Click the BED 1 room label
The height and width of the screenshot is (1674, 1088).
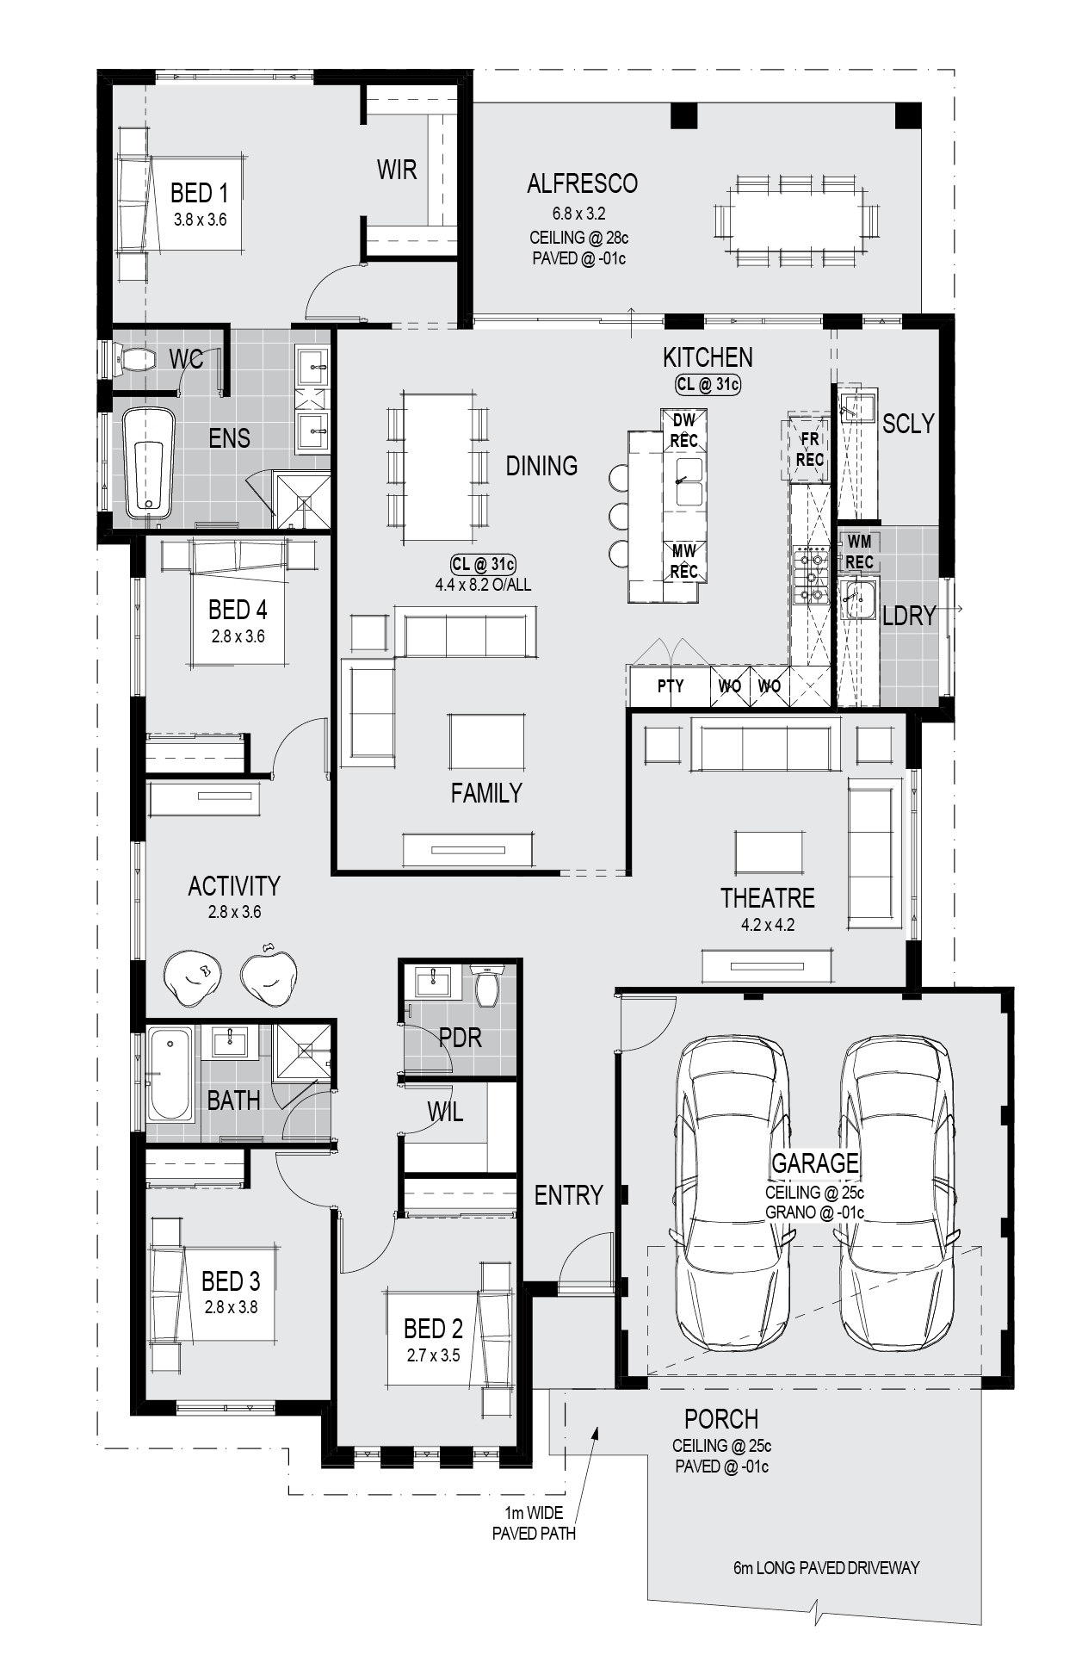(x=200, y=193)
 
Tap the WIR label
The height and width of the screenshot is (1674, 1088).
(x=397, y=170)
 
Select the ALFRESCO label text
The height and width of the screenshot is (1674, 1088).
(x=582, y=183)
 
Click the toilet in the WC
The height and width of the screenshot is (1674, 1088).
(x=133, y=359)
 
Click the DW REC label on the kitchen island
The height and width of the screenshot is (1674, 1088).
(x=684, y=430)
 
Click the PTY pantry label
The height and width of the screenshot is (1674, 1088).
(x=671, y=686)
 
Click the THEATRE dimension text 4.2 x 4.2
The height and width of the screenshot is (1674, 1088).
(x=768, y=926)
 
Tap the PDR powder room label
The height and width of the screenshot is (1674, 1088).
(x=461, y=1038)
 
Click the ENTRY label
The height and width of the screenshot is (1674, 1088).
(x=568, y=1195)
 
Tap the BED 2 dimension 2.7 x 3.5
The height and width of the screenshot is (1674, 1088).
(x=433, y=1355)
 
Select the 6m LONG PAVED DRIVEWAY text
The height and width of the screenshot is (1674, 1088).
(x=826, y=1567)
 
